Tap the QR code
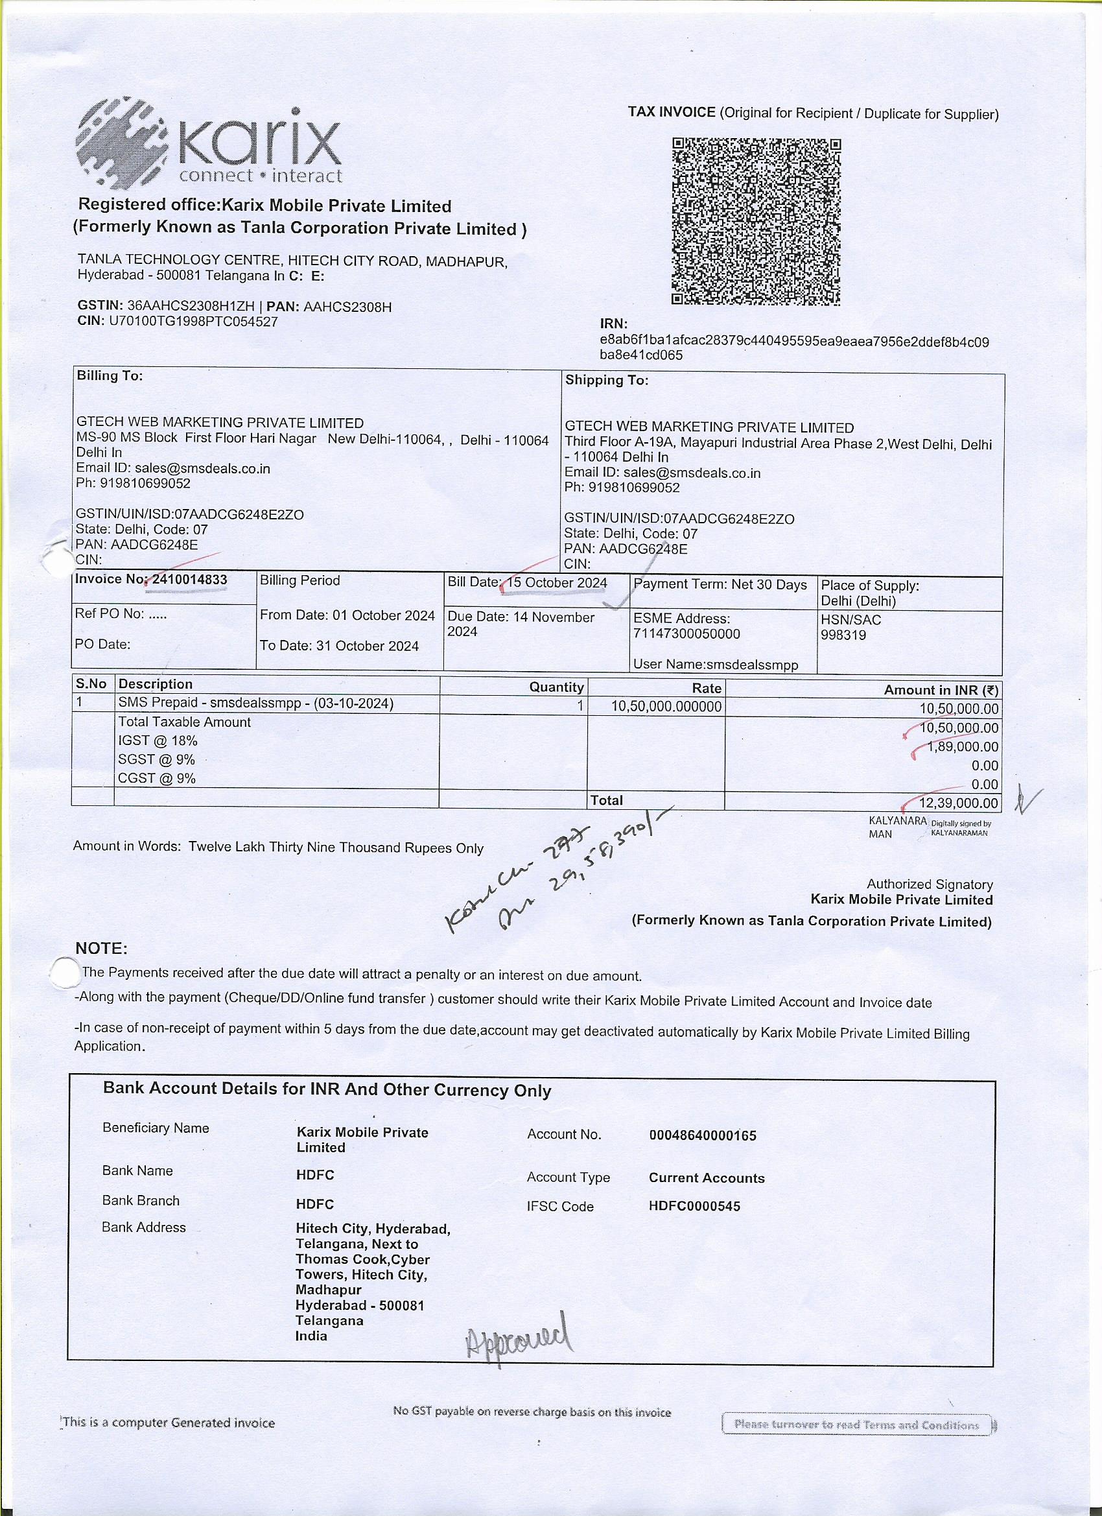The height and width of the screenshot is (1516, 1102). pyautogui.click(x=756, y=222)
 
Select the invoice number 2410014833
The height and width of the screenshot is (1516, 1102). pyautogui.click(x=190, y=580)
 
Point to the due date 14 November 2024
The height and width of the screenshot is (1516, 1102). pyautogui.click(x=521, y=624)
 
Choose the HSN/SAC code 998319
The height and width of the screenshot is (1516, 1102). pyautogui.click(x=843, y=635)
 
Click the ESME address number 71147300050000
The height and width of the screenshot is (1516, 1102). pyautogui.click(x=686, y=634)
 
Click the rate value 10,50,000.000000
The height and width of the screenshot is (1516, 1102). pyautogui.click(x=666, y=707)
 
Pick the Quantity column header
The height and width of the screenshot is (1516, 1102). pyautogui.click(x=556, y=687)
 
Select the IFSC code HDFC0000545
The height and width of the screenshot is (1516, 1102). pyautogui.click(x=694, y=1207)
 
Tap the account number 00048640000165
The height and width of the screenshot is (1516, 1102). pyautogui.click(x=703, y=1135)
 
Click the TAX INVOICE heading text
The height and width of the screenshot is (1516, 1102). pyautogui.click(x=671, y=112)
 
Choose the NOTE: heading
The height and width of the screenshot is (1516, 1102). pyautogui.click(x=101, y=949)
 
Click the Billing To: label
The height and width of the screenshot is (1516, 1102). pyautogui.click(x=110, y=375)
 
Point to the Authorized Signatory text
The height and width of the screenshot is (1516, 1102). pyautogui.click(x=930, y=884)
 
